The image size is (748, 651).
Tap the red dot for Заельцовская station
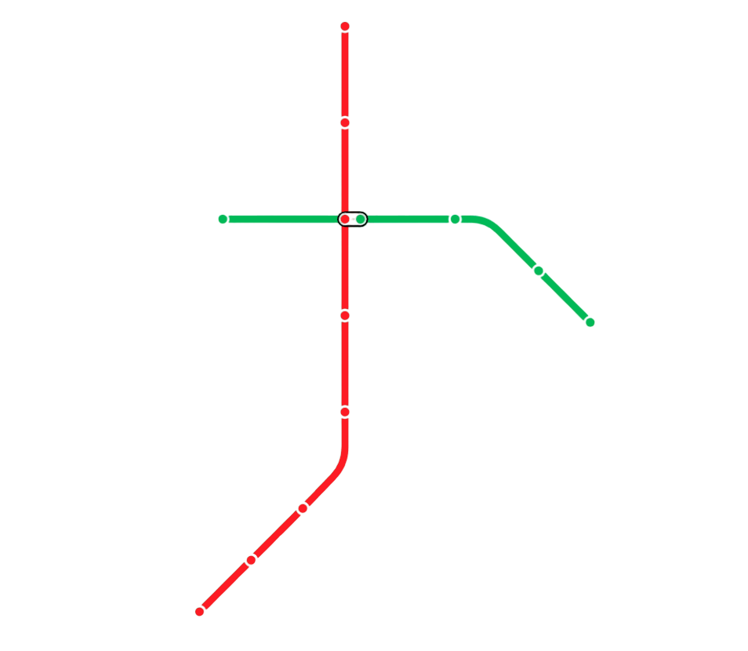[x=345, y=27]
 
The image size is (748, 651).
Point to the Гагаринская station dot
[x=345, y=122]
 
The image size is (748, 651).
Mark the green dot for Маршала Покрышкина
[x=455, y=219]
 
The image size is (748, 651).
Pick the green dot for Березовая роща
[x=539, y=271]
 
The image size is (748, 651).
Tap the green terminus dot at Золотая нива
[x=590, y=322]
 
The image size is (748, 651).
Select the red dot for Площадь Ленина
[x=345, y=315]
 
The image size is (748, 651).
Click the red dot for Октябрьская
[x=345, y=411]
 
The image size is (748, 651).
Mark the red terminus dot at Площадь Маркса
[x=200, y=611]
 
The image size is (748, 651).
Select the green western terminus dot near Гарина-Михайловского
[x=223, y=219]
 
